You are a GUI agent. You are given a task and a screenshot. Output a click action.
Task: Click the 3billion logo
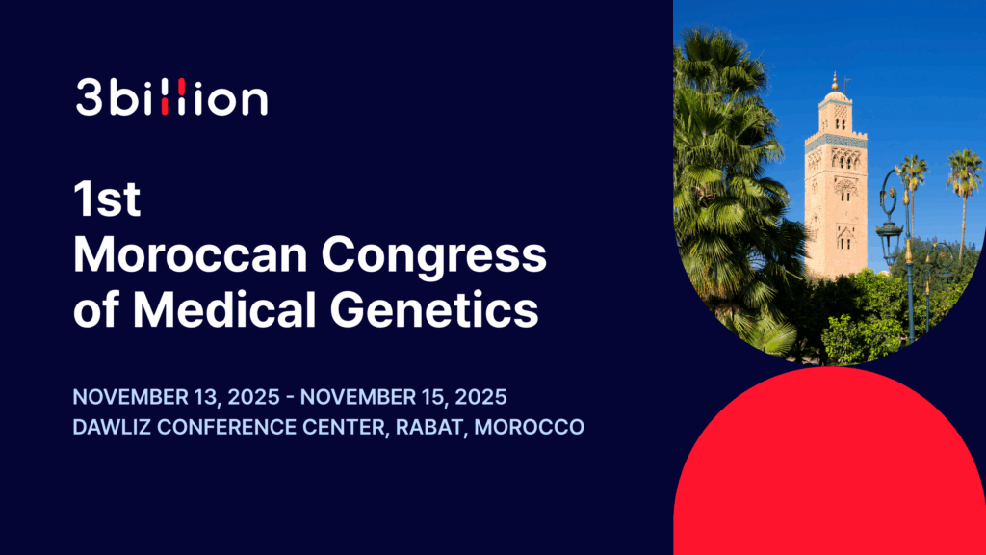point(171,98)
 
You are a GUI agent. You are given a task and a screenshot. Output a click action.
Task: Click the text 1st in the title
point(107,200)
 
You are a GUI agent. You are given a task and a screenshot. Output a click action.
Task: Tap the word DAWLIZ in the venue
point(108,427)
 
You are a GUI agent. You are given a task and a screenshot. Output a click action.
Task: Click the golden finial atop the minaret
point(835,79)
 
